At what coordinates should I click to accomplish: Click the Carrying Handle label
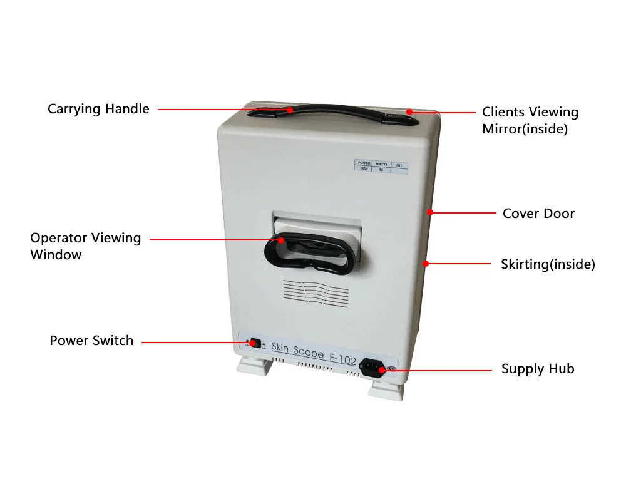(98, 109)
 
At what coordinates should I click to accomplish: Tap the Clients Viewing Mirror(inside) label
(530, 120)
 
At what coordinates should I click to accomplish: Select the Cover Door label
(538, 214)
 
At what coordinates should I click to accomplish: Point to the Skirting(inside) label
(548, 264)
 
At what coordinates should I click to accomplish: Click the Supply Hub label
(537, 369)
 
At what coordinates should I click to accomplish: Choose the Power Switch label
(91, 341)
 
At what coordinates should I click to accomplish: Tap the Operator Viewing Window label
(85, 246)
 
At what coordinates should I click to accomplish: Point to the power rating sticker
(381, 166)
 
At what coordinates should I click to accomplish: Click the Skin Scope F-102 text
(314, 353)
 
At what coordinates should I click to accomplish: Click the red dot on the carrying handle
(290, 110)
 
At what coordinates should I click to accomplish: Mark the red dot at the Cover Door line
(431, 213)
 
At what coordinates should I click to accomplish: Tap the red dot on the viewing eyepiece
(281, 240)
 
